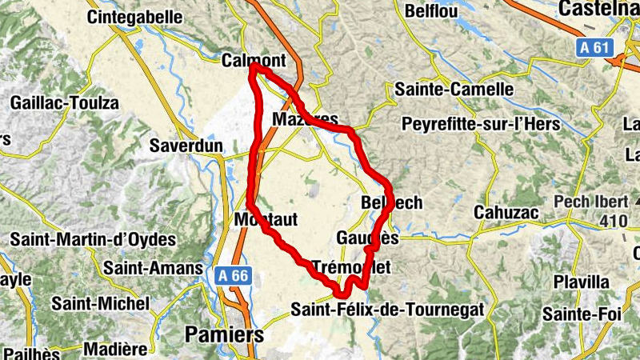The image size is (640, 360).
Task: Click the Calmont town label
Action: pos(253,61)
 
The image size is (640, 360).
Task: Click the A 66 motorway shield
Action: pos(234,275)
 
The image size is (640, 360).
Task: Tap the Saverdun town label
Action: pos(189,146)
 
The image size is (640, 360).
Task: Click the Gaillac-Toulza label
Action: pos(64,103)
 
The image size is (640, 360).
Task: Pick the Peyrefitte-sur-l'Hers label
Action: pos(481,125)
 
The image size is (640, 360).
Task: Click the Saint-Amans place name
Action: pos(153,269)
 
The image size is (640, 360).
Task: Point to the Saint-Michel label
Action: pos(100,304)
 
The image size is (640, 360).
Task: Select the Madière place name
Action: pos(115,350)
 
